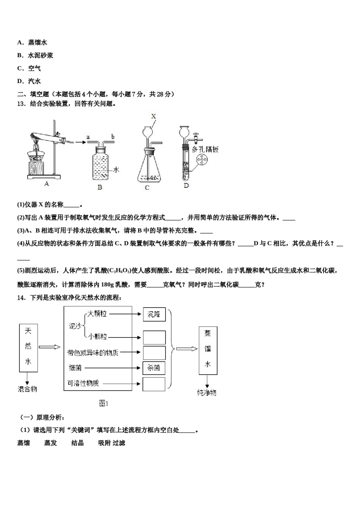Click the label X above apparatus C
click(153, 116)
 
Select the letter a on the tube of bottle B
click(88, 136)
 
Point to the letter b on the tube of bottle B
click(113, 136)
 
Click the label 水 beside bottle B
click(116, 169)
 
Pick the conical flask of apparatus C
click(148, 167)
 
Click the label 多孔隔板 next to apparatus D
click(205, 149)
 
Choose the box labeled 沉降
click(154, 314)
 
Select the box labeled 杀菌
click(154, 367)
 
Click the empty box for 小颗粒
click(154, 337)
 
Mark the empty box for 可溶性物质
click(154, 384)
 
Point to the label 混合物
click(28, 389)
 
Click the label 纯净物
click(207, 392)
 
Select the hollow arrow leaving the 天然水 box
click(50, 347)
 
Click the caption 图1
click(104, 403)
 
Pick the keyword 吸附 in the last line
click(104, 443)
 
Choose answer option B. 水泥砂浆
click(35, 55)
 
